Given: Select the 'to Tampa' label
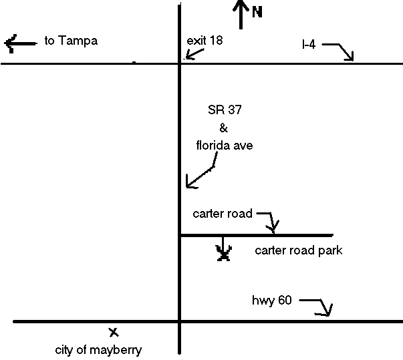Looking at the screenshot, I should [71, 41].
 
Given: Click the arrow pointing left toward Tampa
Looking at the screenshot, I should [20, 44].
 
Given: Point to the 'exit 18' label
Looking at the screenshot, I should [205, 41].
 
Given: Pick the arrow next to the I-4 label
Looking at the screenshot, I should [342, 51].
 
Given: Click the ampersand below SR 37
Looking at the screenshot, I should [224, 128].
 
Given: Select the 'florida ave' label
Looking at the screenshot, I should [224, 145].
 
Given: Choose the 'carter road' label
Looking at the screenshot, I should [223, 214].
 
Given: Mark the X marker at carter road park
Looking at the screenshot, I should [225, 252].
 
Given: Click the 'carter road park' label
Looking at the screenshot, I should [299, 251].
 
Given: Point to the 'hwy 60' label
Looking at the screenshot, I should [271, 301].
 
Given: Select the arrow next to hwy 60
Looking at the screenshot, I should [319, 306].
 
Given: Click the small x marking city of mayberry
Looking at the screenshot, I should [114, 331].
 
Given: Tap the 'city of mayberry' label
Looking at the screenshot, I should [98, 349].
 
